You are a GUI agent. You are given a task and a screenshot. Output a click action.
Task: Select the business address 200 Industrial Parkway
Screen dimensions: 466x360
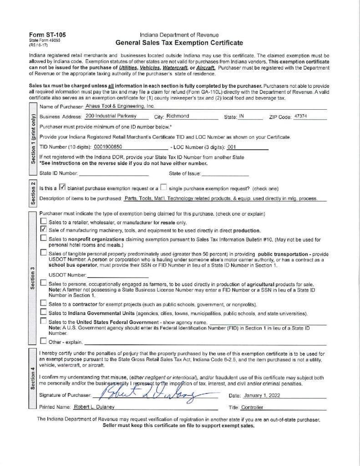(108, 116)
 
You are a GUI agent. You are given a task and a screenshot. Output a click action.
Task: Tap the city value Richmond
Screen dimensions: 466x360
(177, 116)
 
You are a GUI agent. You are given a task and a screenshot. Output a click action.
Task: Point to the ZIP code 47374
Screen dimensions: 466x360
(301, 116)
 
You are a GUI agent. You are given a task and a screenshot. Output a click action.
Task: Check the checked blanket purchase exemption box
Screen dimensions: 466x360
(63, 187)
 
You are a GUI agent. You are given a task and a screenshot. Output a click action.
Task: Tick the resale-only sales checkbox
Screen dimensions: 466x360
(43, 222)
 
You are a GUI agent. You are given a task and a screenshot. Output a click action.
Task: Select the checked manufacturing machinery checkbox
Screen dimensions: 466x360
(43, 230)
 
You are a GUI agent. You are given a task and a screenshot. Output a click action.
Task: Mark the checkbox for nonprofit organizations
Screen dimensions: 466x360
(43, 238)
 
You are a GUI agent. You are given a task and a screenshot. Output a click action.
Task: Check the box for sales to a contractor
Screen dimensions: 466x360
(43, 304)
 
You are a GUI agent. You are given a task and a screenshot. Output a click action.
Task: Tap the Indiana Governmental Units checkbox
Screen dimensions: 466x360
(43, 312)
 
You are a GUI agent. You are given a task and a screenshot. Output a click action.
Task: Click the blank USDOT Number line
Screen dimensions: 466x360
(117, 275)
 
